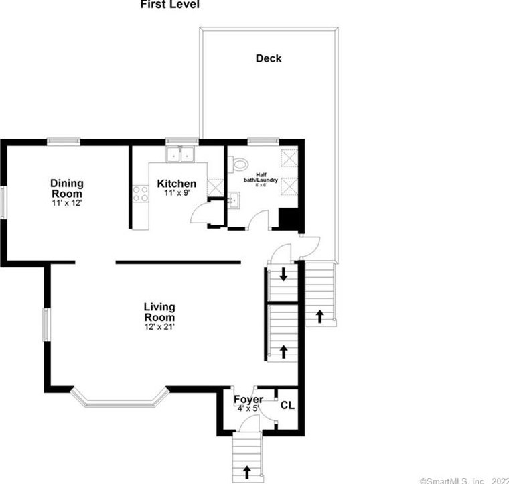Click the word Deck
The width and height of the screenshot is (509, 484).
269,58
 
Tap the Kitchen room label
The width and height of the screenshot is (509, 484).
177,184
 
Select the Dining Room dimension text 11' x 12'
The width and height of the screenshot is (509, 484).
66,202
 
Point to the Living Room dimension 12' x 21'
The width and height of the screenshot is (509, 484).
159,326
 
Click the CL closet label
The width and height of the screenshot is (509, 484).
287,405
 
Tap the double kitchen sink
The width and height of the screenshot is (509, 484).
179,156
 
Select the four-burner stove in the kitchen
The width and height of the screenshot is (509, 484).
141,194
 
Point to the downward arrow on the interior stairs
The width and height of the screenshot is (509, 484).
284,274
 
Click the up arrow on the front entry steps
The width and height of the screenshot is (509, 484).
248,471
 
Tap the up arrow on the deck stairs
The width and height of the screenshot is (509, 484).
320,315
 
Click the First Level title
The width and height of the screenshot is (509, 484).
169,5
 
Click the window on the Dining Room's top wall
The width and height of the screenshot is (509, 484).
64,141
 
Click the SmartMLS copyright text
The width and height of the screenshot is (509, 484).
463,479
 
